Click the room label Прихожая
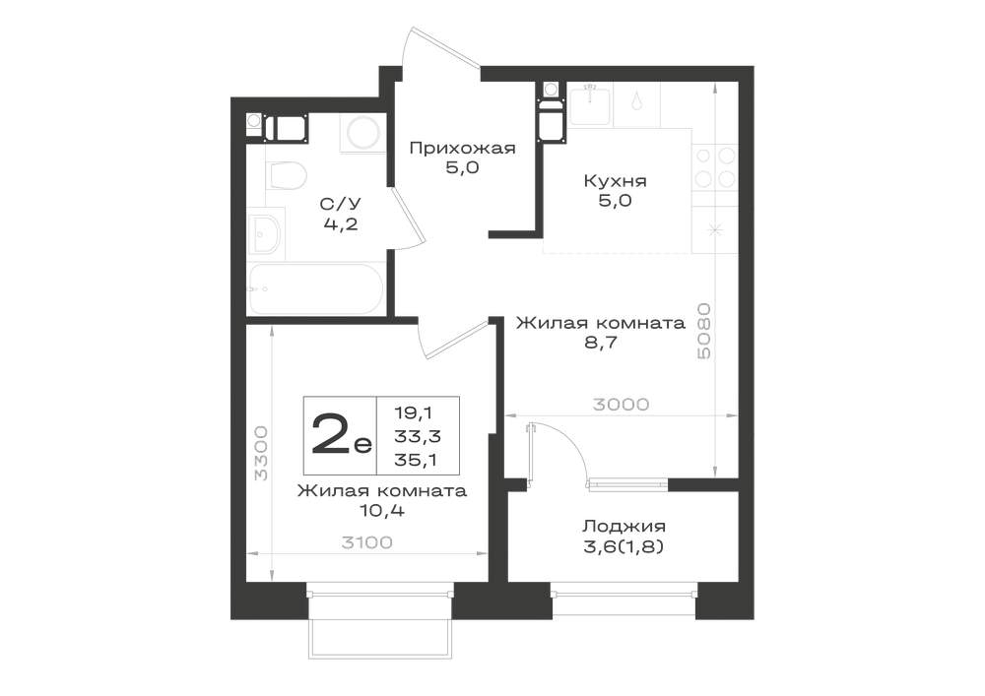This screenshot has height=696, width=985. tap(462, 148)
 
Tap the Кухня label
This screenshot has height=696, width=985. tap(615, 181)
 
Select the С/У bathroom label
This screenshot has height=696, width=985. tap(341, 204)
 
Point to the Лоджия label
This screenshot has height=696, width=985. tap(624, 526)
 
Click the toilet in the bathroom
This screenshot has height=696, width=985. tap(286, 175)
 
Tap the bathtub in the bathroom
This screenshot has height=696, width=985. tap(316, 289)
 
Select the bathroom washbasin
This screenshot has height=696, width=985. tap(264, 233)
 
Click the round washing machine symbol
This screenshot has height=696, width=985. tap(363, 133)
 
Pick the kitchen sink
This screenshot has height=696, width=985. tap(590, 103)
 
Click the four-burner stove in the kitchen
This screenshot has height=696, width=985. tap(715, 166)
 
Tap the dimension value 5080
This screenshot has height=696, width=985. tap(705, 331)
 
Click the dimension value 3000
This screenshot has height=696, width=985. tap(621, 405)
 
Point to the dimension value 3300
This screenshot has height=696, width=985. tap(261, 453)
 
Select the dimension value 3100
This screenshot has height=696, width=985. tap(366, 542)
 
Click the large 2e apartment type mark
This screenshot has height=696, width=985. tap(341, 435)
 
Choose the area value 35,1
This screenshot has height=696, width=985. tap(417, 460)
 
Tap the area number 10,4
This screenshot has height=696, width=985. tap(382, 510)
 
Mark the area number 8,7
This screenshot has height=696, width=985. tap(601, 343)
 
